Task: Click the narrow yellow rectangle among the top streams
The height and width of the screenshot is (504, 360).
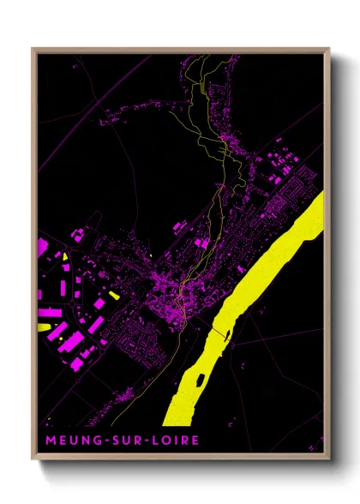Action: [204, 81]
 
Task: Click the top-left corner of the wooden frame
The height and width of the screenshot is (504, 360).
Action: [33, 50]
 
